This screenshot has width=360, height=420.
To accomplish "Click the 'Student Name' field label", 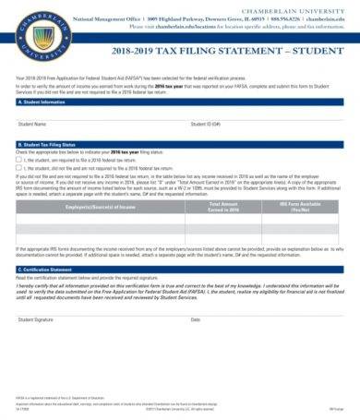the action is point(33,123).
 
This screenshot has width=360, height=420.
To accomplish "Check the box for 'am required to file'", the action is point(19,160).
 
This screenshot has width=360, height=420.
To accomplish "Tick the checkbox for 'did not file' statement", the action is point(19,168).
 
